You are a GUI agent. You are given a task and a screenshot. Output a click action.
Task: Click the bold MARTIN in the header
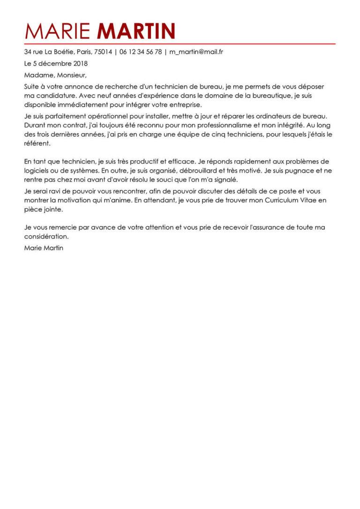tap(136, 31)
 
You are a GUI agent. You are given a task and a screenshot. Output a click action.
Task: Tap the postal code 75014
tap(102, 52)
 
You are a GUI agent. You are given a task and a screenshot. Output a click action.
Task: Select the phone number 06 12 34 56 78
tap(141, 52)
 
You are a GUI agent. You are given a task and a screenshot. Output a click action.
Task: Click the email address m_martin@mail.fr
tap(196, 52)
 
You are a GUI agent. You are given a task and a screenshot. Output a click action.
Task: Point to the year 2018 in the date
tap(78, 63)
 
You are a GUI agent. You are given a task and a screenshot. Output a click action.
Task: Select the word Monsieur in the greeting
tap(71, 75)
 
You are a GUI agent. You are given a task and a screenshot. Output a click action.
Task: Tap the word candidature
tap(54, 96)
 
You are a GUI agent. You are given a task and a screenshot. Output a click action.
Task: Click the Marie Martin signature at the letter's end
tap(44, 247)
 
